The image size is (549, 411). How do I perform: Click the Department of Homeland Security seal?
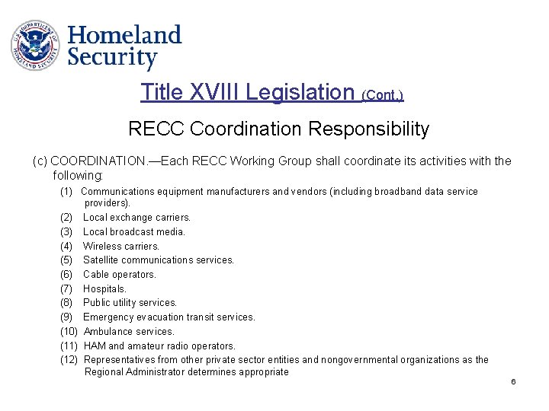tap(34, 45)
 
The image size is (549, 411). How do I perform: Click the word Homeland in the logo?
tap(125, 35)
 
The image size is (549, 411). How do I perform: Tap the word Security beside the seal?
tap(112, 57)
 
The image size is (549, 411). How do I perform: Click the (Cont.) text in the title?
tap(382, 95)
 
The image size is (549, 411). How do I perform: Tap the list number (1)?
tap(66, 191)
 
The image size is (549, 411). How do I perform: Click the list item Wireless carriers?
tap(121, 246)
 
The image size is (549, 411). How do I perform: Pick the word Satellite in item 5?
tap(102, 260)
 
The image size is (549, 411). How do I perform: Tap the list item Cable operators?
tap(120, 274)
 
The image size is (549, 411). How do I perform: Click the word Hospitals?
tap(105, 288)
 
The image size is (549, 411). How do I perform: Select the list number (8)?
tap(66, 302)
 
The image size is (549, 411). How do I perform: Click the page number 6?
tap(514, 381)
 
